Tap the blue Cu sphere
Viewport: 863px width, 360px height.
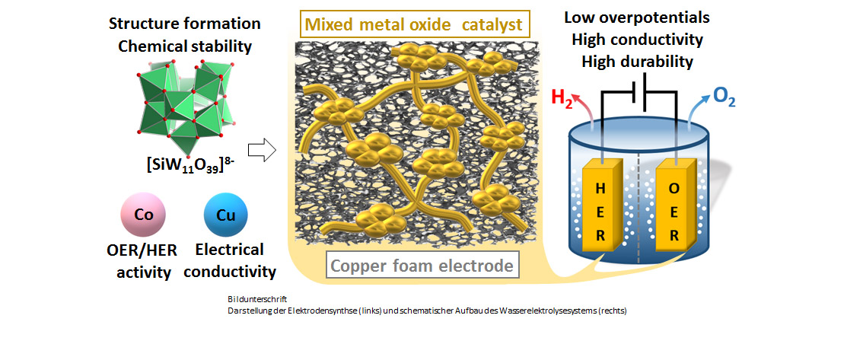pyautogui.click(x=226, y=215)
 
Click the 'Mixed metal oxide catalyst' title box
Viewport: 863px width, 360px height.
pyautogui.click(x=414, y=24)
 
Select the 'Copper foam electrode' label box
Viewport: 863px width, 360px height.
pyautogui.click(x=422, y=266)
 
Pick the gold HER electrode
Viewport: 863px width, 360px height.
pyautogui.click(x=602, y=205)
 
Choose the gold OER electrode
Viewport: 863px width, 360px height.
pyautogui.click(x=674, y=205)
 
